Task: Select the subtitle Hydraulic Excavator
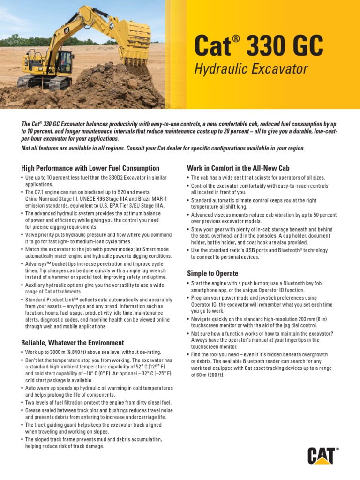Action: pyautogui.click(x=251, y=69)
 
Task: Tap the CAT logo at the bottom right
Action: pyautogui.click(x=322, y=456)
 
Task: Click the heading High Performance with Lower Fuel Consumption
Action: pyautogui.click(x=90, y=168)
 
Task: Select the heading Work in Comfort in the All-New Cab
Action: pyautogui.click(x=238, y=168)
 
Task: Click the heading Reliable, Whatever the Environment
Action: pyautogui.click(x=73, y=343)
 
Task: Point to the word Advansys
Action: pyautogui.click(x=38, y=264)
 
